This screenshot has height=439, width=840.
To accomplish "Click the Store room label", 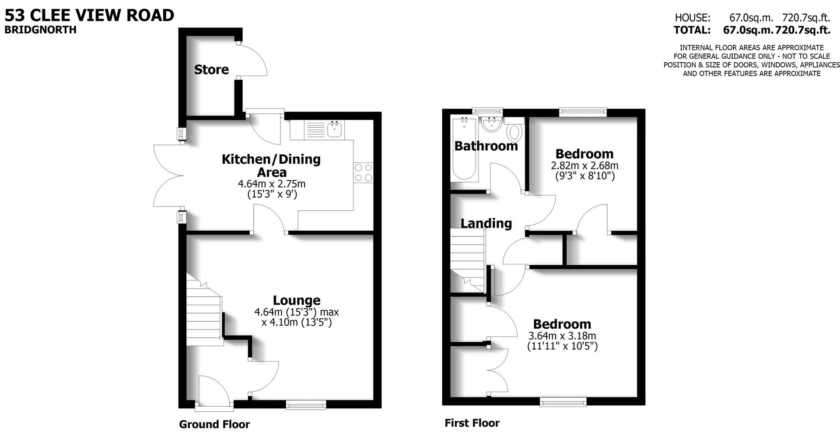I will [x=211, y=70].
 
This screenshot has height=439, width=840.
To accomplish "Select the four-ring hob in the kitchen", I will [x=363, y=172].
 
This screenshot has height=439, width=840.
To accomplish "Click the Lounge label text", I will [x=297, y=300].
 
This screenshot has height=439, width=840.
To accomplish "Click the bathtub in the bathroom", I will [x=465, y=149].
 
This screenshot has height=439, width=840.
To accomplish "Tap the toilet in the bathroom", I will [x=515, y=131].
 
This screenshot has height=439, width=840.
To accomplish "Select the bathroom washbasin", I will [x=492, y=124].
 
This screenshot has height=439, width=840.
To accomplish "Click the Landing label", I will [x=486, y=223].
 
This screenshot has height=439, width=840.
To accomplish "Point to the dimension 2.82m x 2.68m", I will [x=584, y=166].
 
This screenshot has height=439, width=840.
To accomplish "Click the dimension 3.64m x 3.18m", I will [x=562, y=336].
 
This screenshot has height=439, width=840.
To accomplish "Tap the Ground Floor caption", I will [x=214, y=424].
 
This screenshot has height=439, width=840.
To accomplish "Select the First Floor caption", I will [x=472, y=423].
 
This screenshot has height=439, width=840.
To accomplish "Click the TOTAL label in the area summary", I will [x=692, y=30].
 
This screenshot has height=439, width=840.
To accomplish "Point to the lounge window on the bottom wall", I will [x=306, y=405].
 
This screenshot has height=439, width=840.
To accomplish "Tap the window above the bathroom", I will [x=487, y=111].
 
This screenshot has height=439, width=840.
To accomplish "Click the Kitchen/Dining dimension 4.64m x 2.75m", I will [x=271, y=184].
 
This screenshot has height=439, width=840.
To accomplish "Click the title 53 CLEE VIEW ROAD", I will [x=89, y=15].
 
